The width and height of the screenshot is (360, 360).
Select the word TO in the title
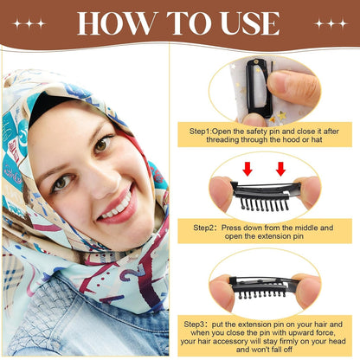(179, 23)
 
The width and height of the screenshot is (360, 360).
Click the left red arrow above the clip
(247, 168)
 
